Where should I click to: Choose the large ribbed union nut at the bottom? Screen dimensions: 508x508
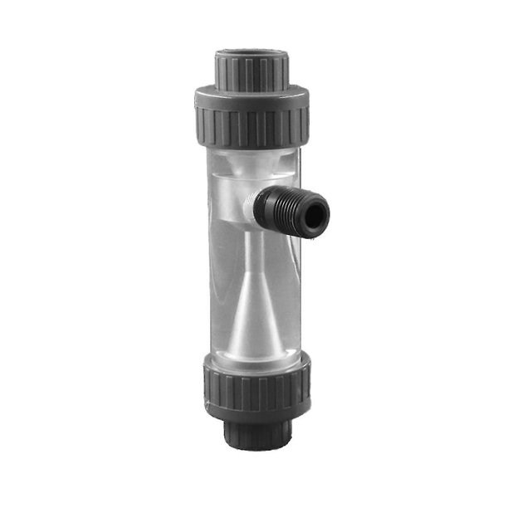click(252, 386)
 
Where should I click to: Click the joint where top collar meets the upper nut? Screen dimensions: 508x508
click(252, 85)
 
